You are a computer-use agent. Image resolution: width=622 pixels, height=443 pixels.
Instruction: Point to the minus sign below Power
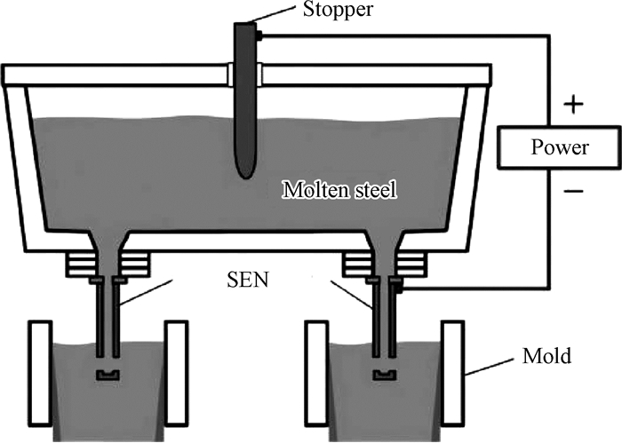(574, 190)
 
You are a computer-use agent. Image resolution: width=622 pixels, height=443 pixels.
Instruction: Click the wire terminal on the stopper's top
(257, 36)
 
